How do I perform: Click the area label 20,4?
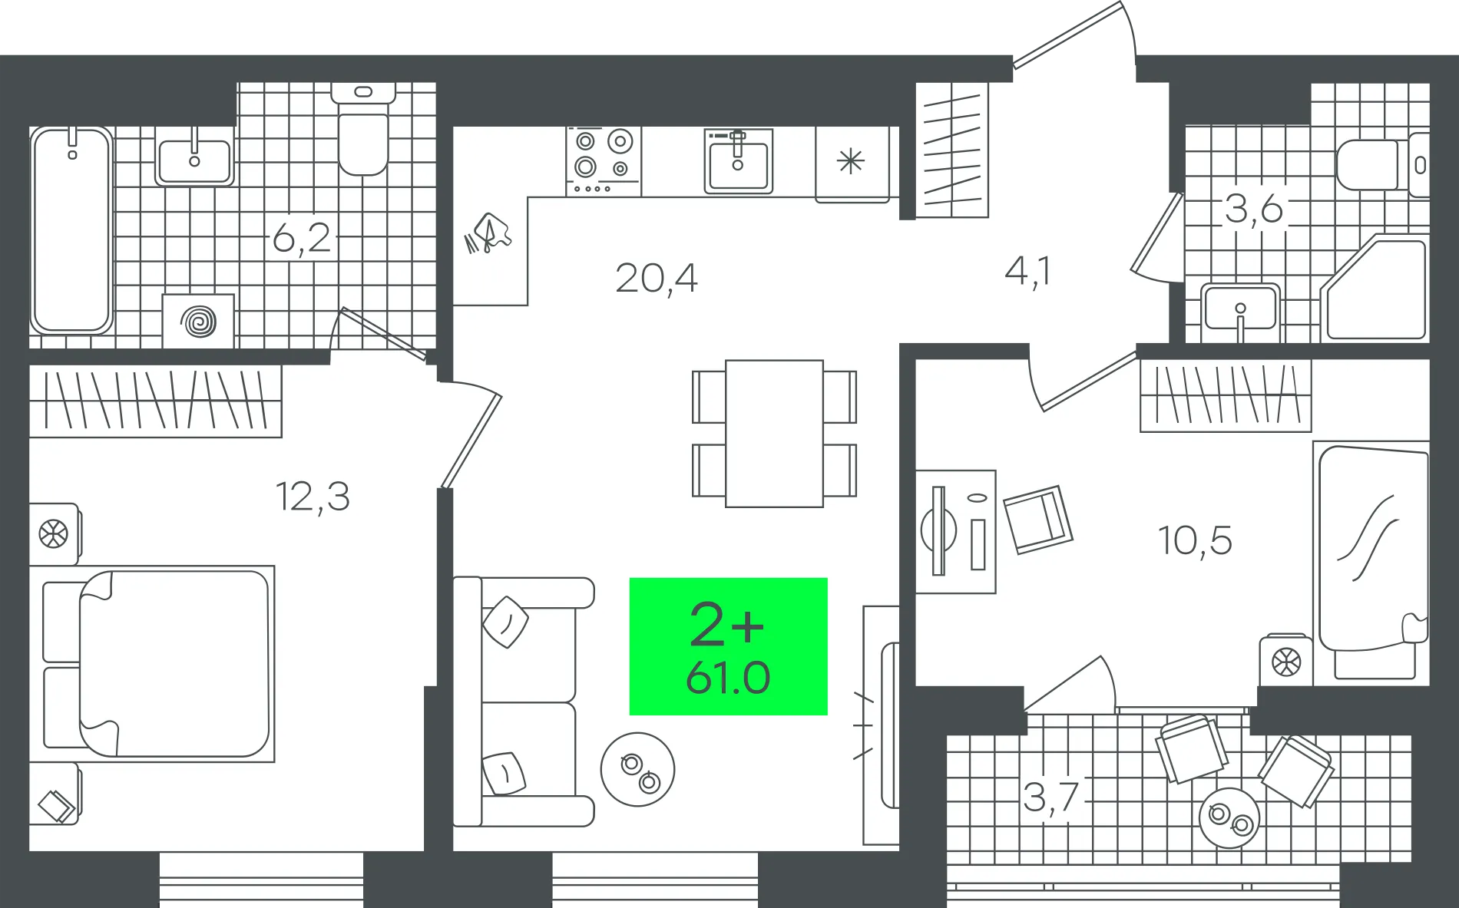pos(657,279)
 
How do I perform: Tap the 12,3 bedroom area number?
pos(313,497)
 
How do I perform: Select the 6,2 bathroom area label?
pos(302,237)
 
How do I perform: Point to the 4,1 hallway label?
pos(1027,272)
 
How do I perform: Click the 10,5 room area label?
pos(1195,540)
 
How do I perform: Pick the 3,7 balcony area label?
pos(1051,797)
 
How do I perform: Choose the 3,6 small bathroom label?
pos(1253,209)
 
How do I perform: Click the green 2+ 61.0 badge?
pos(728,646)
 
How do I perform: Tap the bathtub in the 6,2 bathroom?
pos(71,230)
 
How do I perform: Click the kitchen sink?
pos(739,161)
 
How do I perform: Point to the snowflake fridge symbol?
pos(851,161)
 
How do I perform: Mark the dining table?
pos(774,434)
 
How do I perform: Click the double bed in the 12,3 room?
pos(152,664)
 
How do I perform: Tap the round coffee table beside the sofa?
pos(637,769)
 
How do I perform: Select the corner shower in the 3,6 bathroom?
pos(1375,289)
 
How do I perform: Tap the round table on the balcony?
pos(1229,817)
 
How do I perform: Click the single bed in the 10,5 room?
pos(1371,560)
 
